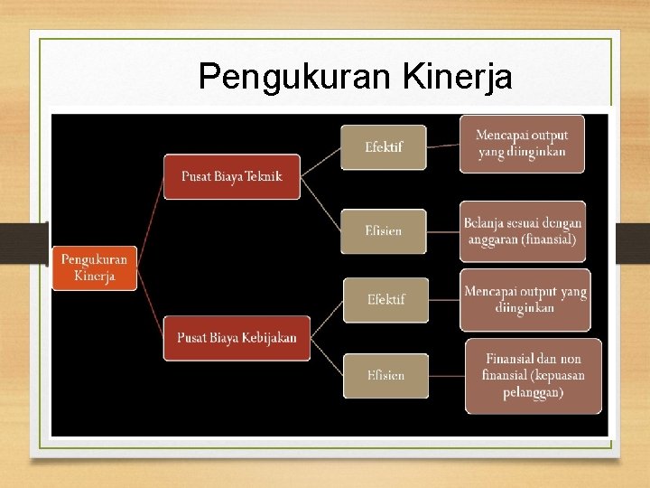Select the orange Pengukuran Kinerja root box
pos(94,267)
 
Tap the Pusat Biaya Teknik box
pos(231,176)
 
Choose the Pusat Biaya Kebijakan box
pos(237,338)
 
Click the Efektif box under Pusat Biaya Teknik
pos(383,146)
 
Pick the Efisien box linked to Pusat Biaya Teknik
pos(383,230)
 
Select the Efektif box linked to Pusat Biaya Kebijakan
pos(385,299)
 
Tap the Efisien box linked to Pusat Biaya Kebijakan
pos(385,375)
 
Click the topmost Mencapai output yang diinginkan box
pos(522,144)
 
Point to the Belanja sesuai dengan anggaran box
pos(523,231)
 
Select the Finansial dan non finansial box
pos(533,375)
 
